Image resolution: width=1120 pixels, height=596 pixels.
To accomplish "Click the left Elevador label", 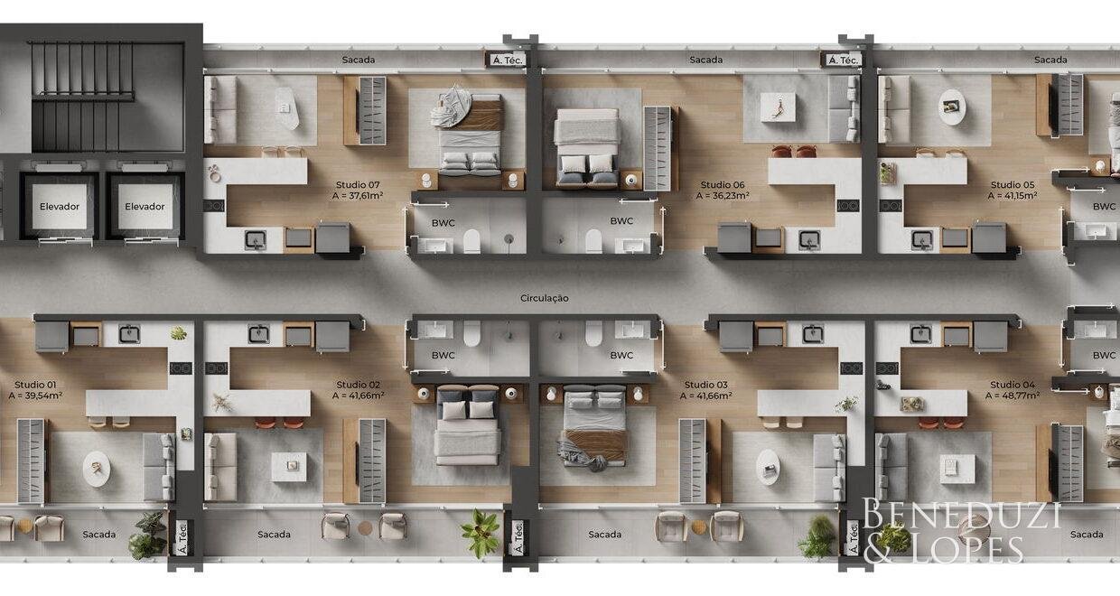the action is [60, 207].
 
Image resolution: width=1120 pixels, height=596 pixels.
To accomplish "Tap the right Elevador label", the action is [145, 207].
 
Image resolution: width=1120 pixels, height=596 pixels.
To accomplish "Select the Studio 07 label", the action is [358, 185].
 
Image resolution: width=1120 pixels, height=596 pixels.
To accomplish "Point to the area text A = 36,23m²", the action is [723, 196].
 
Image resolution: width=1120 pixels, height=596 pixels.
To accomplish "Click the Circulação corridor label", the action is [545, 299].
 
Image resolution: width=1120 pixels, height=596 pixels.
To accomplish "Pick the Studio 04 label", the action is [1013, 385].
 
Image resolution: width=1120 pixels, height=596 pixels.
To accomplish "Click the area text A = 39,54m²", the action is [35, 396].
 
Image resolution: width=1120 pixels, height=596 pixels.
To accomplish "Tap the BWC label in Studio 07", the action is [443, 223].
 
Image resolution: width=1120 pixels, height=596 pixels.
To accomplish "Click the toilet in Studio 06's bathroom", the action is [594, 240].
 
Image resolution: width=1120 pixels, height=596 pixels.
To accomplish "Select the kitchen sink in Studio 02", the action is [259, 334].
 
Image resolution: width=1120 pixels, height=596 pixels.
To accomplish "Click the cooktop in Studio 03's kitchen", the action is [851, 368].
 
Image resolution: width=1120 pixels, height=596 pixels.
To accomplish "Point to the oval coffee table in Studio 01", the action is [97, 469].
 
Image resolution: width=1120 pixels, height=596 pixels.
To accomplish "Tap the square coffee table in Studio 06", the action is [778, 107].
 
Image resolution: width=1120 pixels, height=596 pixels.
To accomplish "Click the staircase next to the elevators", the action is [83, 96].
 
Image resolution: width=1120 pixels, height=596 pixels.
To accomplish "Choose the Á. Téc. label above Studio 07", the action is [508, 61].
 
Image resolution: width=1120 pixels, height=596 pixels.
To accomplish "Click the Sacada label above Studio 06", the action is [706, 60].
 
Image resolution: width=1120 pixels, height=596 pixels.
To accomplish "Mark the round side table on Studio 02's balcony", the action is [365, 527].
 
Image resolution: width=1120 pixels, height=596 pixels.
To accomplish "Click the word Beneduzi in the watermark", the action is [961, 515].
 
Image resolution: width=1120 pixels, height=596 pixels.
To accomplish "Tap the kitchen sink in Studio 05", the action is [921, 239].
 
